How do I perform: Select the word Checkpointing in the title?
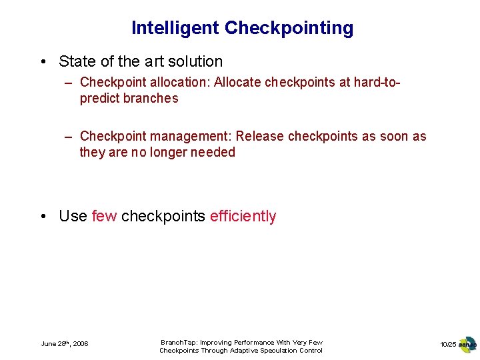(289, 28)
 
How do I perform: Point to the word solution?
(193, 61)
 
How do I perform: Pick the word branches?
(151, 98)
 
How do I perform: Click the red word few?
(104, 216)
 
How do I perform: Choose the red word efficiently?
(243, 216)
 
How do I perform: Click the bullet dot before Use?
(43, 216)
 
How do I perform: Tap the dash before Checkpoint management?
(69, 136)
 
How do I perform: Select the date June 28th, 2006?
(65, 344)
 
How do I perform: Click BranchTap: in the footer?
(179, 342)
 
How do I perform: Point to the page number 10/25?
(447, 344)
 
